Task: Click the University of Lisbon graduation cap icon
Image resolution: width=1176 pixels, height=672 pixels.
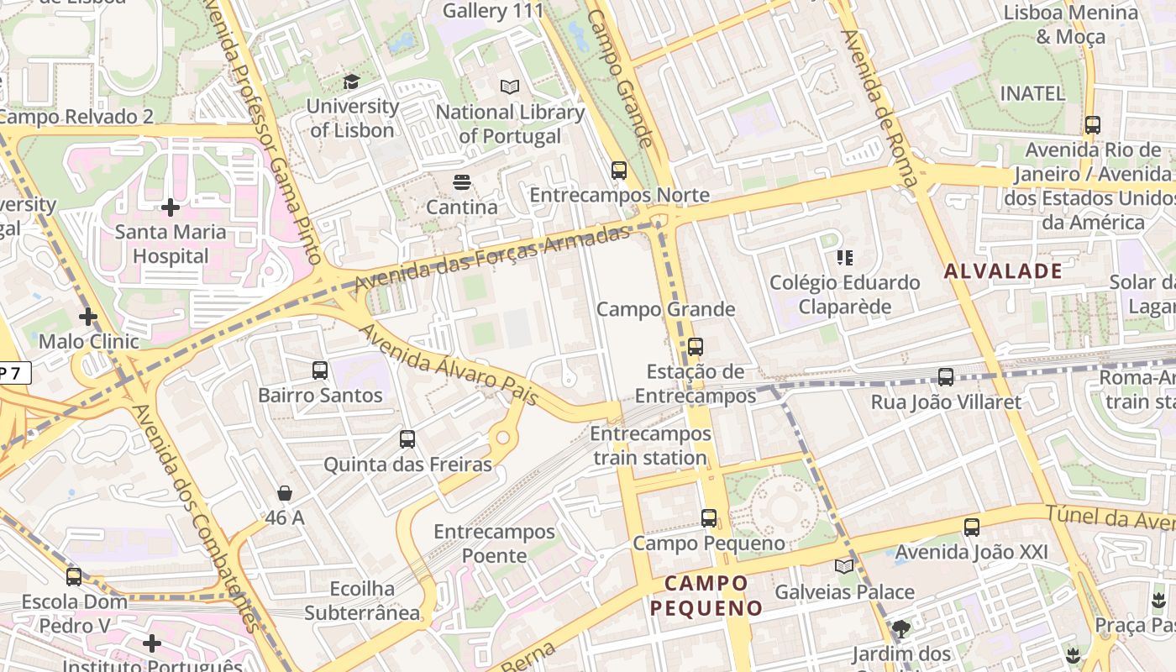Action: [x=351, y=81]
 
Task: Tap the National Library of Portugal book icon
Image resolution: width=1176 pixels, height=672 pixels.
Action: [x=510, y=87]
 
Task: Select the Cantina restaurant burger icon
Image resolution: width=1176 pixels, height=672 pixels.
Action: [x=461, y=181]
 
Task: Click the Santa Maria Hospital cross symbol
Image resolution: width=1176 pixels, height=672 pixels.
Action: [x=171, y=207]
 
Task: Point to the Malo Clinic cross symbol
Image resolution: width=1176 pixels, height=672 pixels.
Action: [x=88, y=317]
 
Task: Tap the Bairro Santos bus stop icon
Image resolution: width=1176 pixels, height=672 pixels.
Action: [x=319, y=370]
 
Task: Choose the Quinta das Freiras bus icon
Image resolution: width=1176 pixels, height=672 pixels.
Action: [x=407, y=438]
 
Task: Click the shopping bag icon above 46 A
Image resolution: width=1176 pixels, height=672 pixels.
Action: [x=285, y=493]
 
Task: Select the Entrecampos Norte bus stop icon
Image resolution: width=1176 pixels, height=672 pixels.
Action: [x=619, y=171]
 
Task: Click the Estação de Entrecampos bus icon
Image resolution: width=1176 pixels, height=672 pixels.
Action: [x=695, y=346]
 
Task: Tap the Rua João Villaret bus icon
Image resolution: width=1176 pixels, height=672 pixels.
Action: [x=946, y=377]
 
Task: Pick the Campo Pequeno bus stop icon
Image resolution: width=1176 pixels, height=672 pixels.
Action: [x=709, y=518]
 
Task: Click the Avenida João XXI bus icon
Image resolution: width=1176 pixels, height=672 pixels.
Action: [x=972, y=527]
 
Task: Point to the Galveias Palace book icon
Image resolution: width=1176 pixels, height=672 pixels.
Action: [x=843, y=567]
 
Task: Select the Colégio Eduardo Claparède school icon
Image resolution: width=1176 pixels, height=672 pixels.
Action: [x=845, y=257]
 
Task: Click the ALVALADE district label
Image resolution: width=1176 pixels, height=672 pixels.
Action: [x=1003, y=270]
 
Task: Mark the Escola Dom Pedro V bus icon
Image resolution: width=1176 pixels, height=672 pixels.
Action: [x=74, y=577]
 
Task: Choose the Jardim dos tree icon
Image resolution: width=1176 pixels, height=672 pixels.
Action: [x=901, y=628]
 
